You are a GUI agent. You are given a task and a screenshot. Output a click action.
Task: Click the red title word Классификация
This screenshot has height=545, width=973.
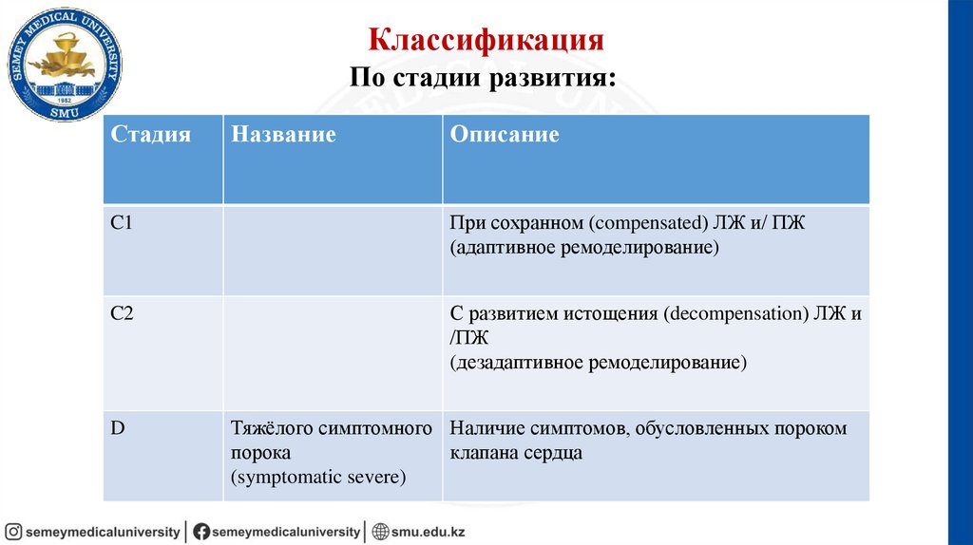pyautogui.click(x=486, y=41)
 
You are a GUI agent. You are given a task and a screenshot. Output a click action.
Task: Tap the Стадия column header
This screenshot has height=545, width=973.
pyautogui.click(x=151, y=135)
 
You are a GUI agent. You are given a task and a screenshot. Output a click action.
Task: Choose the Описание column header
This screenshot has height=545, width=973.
pyautogui.click(x=505, y=135)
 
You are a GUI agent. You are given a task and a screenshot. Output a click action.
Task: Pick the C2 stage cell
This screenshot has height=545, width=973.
pyautogui.click(x=122, y=314)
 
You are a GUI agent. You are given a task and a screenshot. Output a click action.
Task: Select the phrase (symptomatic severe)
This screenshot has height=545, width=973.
pyautogui.click(x=317, y=478)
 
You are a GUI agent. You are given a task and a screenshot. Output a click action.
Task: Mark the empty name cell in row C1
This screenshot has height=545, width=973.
pyautogui.click(x=332, y=249)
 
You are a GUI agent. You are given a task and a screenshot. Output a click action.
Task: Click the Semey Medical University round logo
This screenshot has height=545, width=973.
pyautogui.click(x=65, y=65)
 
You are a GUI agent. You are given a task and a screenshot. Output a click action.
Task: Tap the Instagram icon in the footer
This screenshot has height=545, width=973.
pyautogui.click(x=13, y=532)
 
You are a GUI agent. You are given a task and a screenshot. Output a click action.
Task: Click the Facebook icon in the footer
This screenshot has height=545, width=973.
pyautogui.click(x=201, y=532)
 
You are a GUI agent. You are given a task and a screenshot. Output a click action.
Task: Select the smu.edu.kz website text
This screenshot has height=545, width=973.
pyautogui.click(x=429, y=532)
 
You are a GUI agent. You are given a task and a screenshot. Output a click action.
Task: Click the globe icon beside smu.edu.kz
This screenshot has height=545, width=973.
pyautogui.click(x=381, y=532)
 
